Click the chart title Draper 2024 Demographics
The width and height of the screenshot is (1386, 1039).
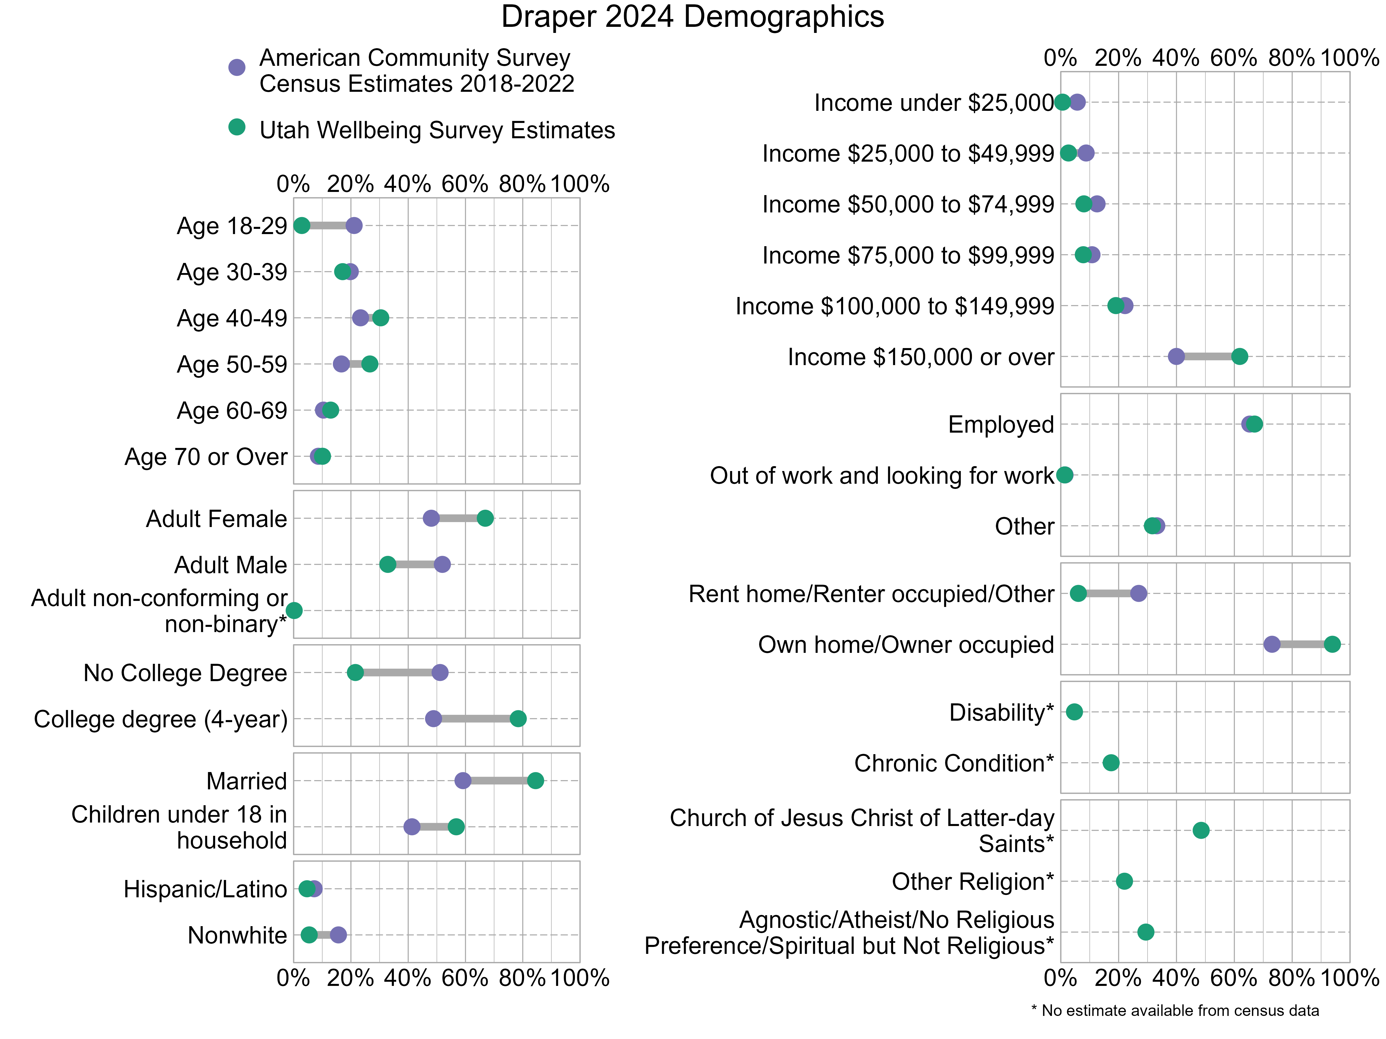692,17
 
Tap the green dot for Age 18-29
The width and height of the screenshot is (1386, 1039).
301,225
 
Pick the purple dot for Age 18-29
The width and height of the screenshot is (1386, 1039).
354,225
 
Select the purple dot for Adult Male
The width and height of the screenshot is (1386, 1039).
442,564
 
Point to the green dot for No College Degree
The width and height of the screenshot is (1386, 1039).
355,673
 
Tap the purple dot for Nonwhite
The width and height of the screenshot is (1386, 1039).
338,935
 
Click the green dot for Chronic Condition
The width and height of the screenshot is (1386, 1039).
1111,763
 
